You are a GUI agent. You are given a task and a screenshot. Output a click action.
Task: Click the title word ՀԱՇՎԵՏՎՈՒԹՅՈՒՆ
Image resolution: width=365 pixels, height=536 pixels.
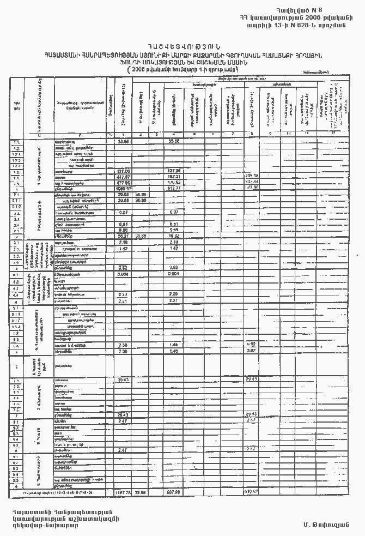(182, 46)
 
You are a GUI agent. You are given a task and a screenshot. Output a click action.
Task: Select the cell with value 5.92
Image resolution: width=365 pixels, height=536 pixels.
(251, 345)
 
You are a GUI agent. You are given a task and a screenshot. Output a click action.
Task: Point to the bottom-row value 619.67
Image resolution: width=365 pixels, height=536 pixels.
(251, 491)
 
